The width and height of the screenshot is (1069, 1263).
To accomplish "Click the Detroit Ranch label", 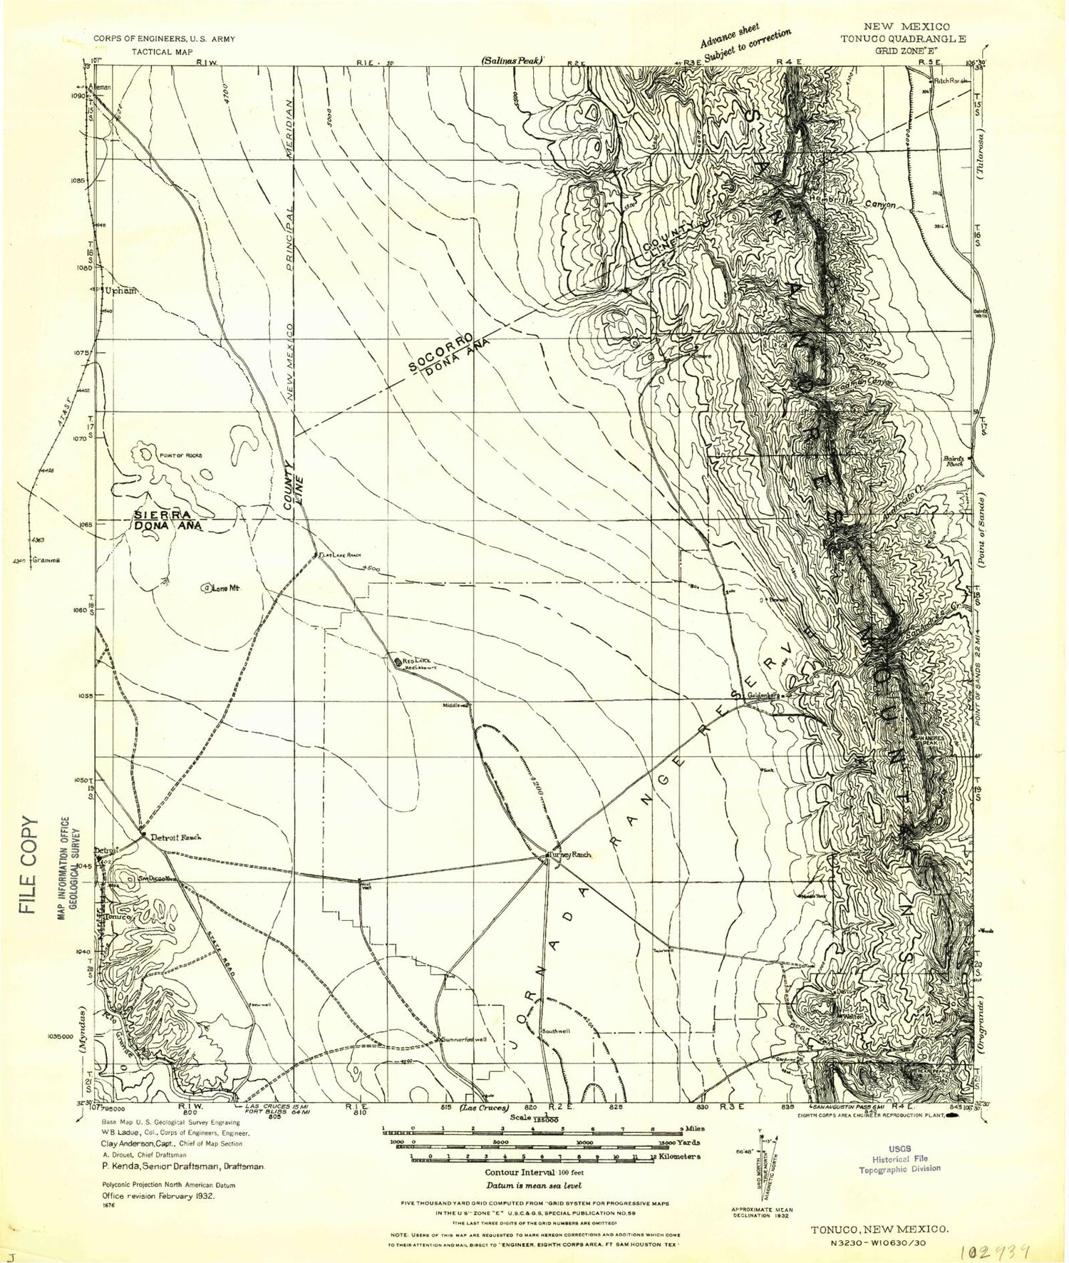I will pyautogui.click(x=168, y=838).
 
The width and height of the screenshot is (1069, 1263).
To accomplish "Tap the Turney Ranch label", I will pyautogui.click(x=568, y=855).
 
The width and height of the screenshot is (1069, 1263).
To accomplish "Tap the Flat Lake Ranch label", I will pyautogui.click(x=341, y=554).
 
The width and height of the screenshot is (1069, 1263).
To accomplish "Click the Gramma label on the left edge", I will pyautogui.click(x=47, y=560).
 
